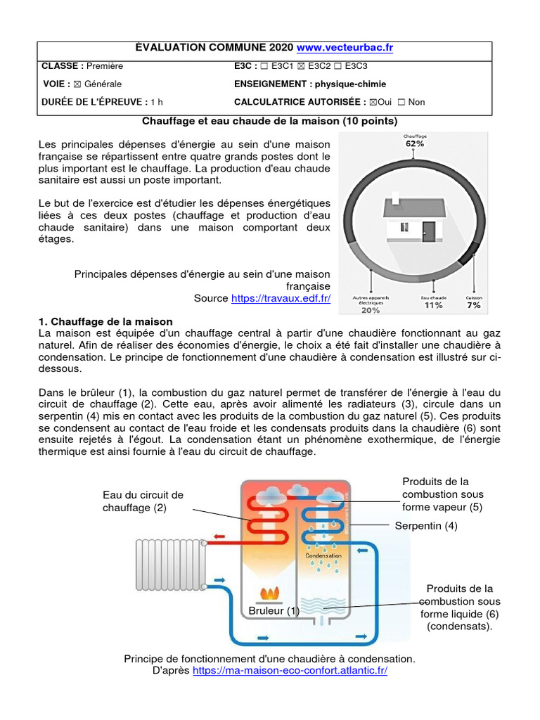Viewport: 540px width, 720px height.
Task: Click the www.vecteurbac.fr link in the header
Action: coord(345,48)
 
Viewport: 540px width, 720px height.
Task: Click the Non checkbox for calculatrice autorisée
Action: coord(401,103)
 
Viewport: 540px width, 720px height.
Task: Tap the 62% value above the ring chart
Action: coord(414,143)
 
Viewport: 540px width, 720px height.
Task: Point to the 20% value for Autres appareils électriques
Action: coord(371,309)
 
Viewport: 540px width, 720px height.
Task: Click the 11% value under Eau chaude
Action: coord(433,306)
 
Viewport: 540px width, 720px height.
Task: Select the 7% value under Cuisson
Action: coord(474,306)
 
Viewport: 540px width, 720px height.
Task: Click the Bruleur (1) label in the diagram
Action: coord(274,611)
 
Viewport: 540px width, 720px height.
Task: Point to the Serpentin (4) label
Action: coord(426,526)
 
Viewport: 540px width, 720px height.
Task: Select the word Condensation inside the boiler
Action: coord(323,555)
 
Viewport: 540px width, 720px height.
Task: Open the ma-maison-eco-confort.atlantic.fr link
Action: coord(290,671)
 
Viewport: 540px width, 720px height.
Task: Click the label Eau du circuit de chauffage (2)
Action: coord(143,501)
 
